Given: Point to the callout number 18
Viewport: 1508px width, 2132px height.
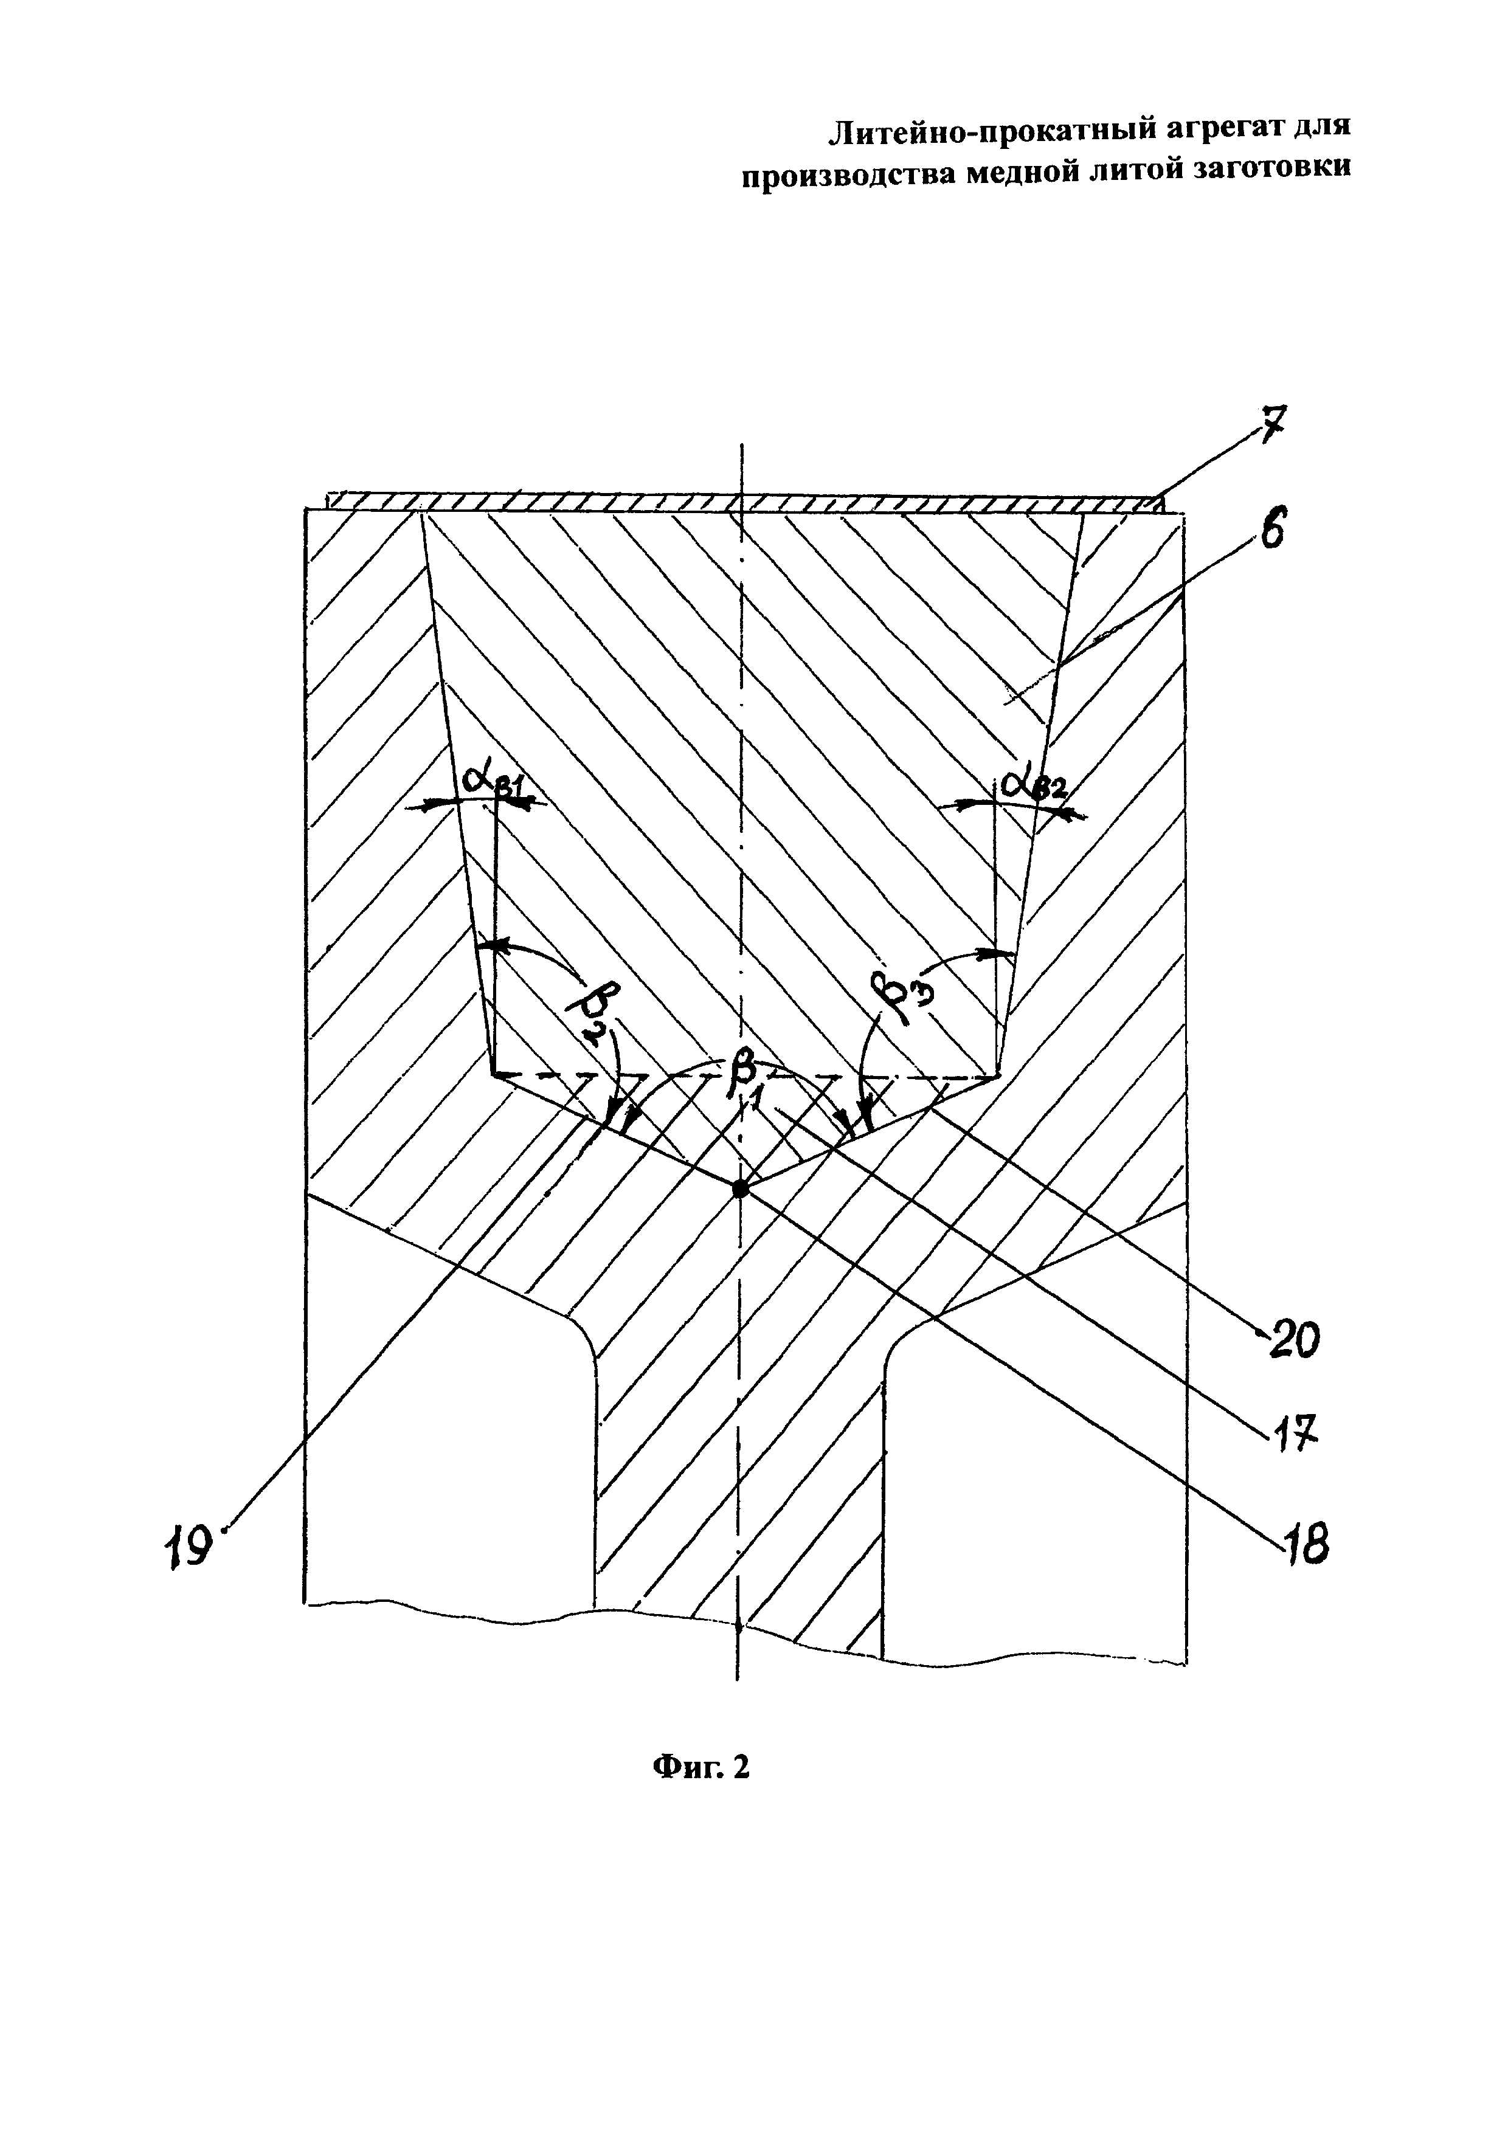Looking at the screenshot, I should click(1306, 1546).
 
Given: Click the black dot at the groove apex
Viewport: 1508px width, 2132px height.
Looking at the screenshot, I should click(740, 1188).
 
